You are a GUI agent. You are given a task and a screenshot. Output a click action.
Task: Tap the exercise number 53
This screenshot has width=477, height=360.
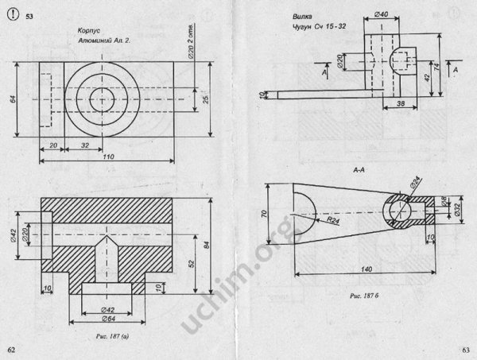(29, 16)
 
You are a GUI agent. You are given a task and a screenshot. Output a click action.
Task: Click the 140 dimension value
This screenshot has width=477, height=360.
(366, 269)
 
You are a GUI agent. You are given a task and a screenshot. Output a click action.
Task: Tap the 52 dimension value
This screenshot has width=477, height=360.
(190, 262)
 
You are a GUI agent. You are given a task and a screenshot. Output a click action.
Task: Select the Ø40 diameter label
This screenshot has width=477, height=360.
(381, 15)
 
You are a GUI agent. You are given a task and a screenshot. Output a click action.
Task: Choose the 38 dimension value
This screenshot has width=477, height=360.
(400, 103)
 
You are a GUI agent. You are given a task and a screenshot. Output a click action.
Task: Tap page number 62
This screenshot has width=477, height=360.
(10, 350)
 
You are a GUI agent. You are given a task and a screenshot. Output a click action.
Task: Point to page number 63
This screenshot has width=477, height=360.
(467, 350)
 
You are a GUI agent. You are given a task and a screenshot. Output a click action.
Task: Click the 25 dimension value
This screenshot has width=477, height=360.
(204, 98)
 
